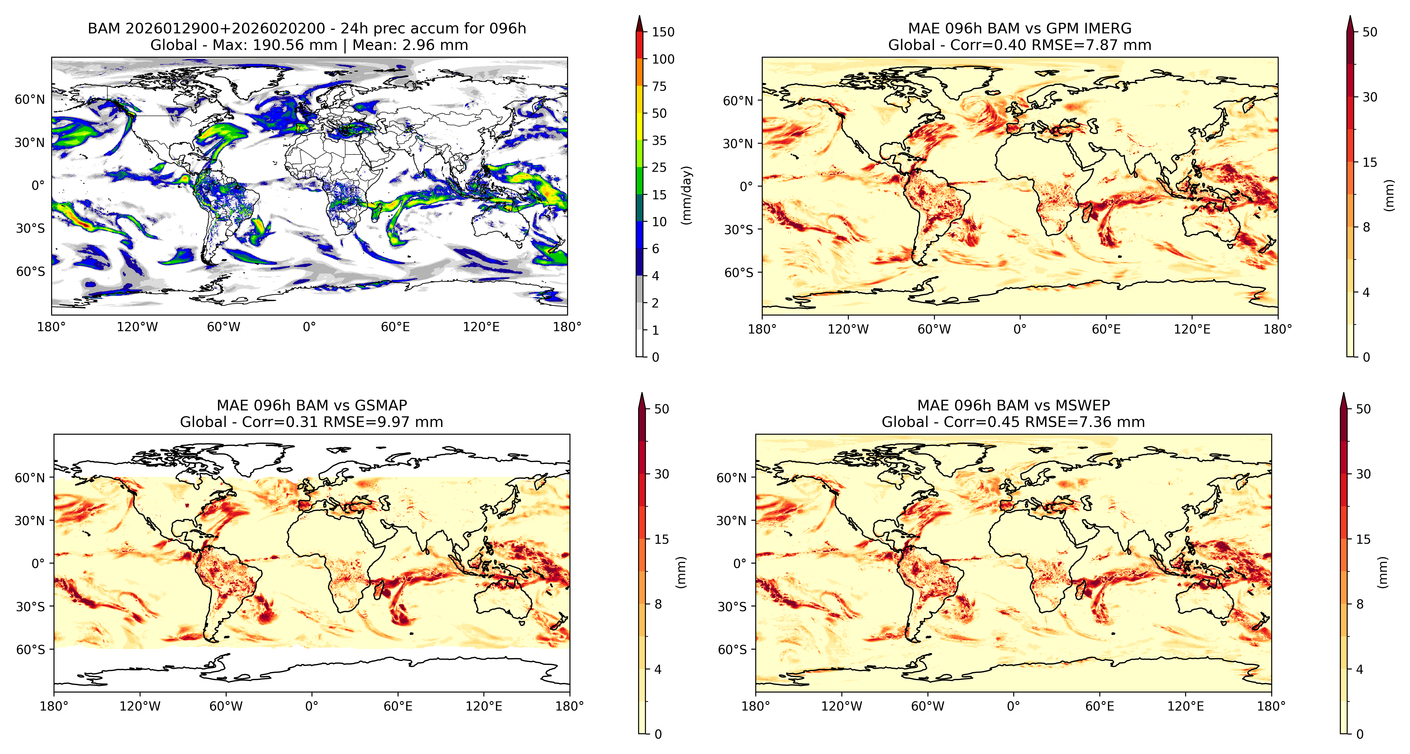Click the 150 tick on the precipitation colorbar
point(663,32)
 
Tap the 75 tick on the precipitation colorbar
point(659,86)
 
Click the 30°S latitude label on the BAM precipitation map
point(30,228)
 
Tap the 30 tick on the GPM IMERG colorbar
point(1369,97)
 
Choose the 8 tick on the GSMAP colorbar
point(658,604)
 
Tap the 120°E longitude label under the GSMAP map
point(484,706)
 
